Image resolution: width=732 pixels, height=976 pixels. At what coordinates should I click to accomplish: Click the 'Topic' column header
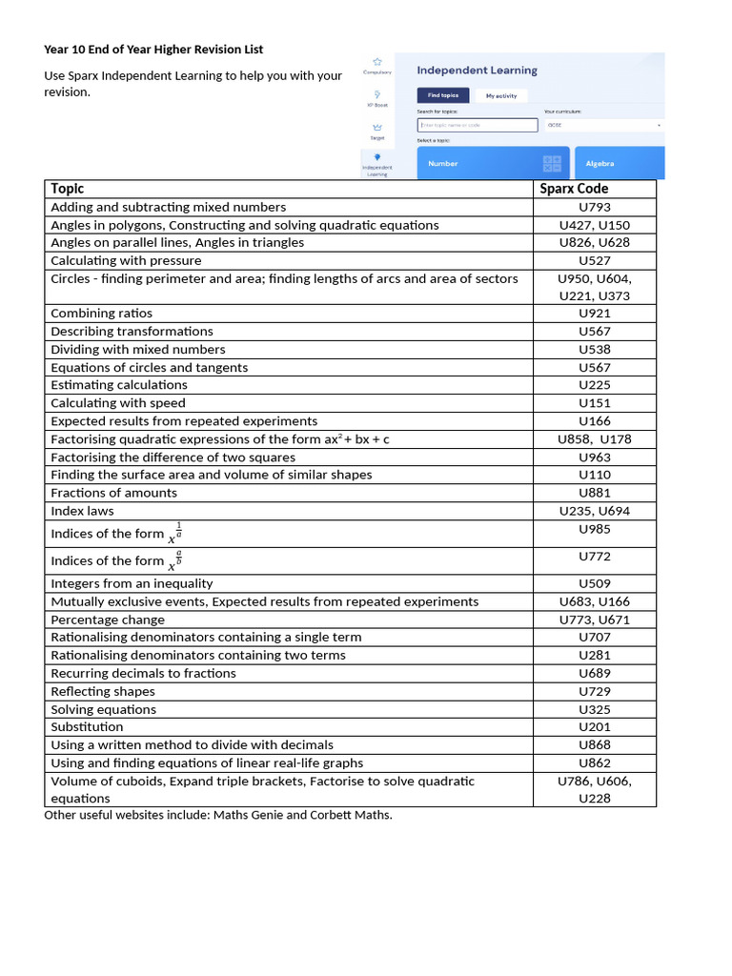point(68,189)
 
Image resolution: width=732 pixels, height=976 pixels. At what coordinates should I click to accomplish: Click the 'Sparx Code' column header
point(574,189)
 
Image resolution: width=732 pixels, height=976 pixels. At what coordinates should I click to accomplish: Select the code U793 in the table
point(595,207)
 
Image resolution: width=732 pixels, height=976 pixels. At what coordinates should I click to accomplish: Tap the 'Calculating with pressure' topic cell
point(126,260)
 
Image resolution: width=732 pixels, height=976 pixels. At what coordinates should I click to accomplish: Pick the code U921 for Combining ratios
point(595,314)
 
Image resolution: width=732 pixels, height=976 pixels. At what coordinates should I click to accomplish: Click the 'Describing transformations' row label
point(132,332)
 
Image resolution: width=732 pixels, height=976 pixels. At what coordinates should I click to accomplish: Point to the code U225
point(595,385)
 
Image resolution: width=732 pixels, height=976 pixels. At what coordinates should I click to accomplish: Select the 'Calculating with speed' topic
point(118,403)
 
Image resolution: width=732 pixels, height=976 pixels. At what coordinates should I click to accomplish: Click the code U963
point(595,457)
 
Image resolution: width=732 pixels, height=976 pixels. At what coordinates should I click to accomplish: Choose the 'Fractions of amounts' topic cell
point(113,493)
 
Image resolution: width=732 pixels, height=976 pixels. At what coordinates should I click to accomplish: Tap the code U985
point(595,529)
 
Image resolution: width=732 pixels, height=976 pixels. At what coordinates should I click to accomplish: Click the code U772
point(595,557)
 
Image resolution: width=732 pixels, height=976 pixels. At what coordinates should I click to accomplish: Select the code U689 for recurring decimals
point(595,673)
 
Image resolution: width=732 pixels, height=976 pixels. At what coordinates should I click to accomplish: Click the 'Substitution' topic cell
point(87,727)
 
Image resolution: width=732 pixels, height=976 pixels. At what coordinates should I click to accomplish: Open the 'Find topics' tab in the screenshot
point(442,95)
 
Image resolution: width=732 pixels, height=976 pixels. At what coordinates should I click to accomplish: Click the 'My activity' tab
point(500,95)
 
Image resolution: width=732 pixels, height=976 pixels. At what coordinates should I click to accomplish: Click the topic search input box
point(477,125)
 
